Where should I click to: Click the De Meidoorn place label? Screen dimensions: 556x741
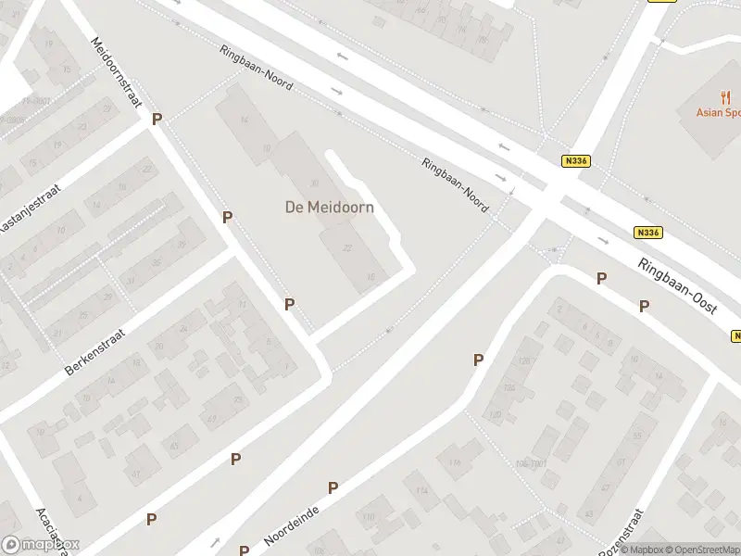(x=329, y=208)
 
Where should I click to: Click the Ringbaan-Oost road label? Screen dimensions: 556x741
(x=678, y=288)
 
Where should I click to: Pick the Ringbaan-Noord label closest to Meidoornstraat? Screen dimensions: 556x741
(x=257, y=69)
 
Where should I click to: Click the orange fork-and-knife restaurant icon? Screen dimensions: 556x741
(x=725, y=97)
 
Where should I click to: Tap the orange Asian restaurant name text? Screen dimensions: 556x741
(x=718, y=113)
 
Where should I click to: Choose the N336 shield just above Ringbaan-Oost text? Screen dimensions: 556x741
(x=647, y=233)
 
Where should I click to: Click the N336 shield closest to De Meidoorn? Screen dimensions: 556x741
(x=575, y=160)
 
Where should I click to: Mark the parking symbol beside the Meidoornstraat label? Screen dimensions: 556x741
(x=157, y=119)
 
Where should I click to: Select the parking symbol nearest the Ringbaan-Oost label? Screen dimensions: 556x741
(x=644, y=306)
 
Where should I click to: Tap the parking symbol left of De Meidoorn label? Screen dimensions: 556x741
(x=227, y=217)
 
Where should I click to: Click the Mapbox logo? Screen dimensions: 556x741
(x=41, y=545)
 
